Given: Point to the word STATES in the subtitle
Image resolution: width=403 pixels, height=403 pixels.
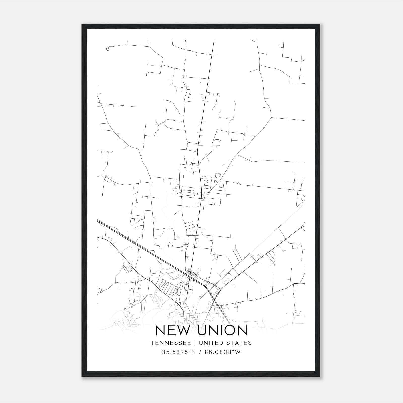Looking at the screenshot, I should tap(239, 343).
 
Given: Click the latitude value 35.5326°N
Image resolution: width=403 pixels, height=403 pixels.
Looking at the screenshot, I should tap(179, 352).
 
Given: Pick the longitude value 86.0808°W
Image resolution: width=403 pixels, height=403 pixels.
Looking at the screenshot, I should tap(222, 352).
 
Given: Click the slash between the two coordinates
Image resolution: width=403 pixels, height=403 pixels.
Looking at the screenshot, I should tap(200, 352).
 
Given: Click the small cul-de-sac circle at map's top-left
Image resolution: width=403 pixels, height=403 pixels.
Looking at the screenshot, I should tap(108, 49).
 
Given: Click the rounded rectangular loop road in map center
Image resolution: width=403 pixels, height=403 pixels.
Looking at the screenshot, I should tap(187, 191).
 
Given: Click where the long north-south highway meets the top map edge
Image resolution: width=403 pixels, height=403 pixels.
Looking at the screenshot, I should tap(214, 40).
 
